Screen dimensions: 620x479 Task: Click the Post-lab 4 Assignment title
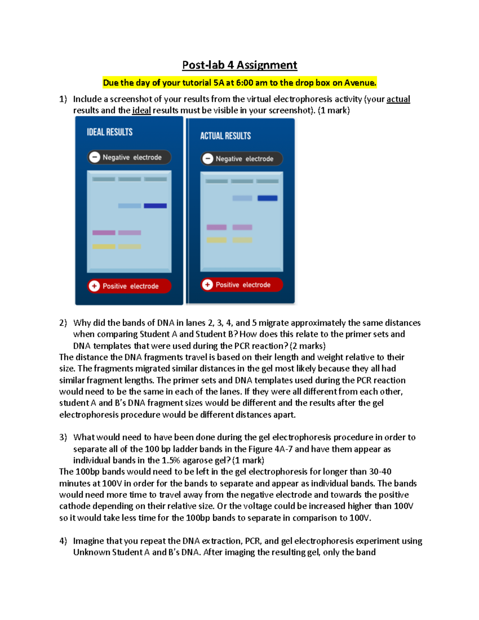click(239, 65)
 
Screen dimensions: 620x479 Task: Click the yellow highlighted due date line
click(239, 83)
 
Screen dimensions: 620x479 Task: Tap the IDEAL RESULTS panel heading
click(110, 132)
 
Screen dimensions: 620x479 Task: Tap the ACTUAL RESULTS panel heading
click(226, 136)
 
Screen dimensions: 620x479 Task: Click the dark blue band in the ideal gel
click(155, 206)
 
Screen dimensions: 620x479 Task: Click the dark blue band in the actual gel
click(267, 198)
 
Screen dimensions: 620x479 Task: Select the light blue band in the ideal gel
click(129, 206)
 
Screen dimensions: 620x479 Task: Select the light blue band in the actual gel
click(242, 198)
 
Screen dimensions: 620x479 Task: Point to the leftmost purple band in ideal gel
click(104, 233)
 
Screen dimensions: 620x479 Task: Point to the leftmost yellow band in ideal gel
click(104, 247)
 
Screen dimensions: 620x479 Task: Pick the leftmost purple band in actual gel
click(216, 227)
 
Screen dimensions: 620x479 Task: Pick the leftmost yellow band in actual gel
click(216, 240)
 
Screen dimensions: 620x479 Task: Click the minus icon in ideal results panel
click(95, 157)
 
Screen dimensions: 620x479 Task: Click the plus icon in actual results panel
click(207, 285)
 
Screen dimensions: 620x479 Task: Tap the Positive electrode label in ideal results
click(131, 286)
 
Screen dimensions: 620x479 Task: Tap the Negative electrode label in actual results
click(244, 159)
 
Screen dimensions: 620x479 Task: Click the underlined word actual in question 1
click(398, 99)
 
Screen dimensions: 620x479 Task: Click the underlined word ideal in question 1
click(141, 111)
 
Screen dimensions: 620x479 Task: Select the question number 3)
click(63, 438)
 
